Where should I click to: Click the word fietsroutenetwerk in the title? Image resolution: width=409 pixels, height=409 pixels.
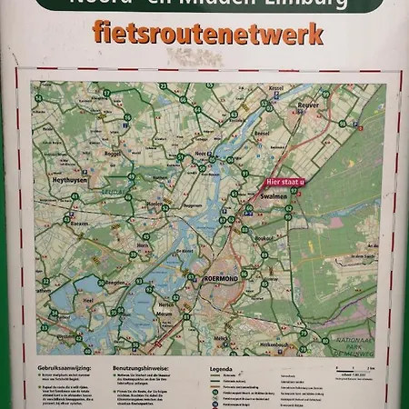[x=207, y=34]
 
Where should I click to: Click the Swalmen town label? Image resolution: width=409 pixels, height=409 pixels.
[x=274, y=195]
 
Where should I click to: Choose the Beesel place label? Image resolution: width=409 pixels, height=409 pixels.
[x=262, y=133]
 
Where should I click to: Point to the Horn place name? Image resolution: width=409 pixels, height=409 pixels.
[x=143, y=244]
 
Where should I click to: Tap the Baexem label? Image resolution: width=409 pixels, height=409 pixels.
[x=80, y=222]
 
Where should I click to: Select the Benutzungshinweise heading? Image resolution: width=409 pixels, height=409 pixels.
[x=142, y=369]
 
